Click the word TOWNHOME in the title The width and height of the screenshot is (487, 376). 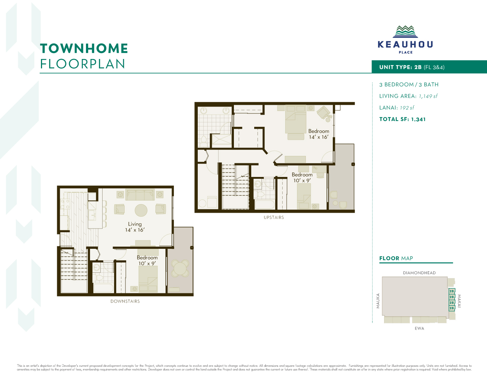coord(84,49)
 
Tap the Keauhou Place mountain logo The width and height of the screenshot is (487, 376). coord(405,32)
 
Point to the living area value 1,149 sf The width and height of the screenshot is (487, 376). coord(428,96)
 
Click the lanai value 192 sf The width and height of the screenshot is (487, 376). coord(407,108)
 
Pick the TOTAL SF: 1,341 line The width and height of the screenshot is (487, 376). coord(402,119)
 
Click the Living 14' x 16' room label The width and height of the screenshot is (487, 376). coord(135,227)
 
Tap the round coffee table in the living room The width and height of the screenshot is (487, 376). coord(141,210)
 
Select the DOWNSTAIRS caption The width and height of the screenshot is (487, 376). coord(125,302)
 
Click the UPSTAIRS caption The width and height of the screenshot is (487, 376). coord(274,217)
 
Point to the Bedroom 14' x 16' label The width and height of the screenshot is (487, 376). coord(319,134)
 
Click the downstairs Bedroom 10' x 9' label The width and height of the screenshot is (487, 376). coord(147,261)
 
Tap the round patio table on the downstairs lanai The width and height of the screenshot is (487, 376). coord(180,268)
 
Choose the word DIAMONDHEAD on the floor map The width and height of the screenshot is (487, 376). coord(419,273)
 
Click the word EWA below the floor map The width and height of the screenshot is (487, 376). coord(419,328)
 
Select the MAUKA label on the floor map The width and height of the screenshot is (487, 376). coord(378,301)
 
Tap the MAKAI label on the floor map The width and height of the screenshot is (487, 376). coord(459,301)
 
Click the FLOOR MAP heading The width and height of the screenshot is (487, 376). coord(396,258)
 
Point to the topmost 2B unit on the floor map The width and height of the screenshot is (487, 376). coord(452,291)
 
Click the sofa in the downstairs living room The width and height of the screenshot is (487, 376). coord(140,195)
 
